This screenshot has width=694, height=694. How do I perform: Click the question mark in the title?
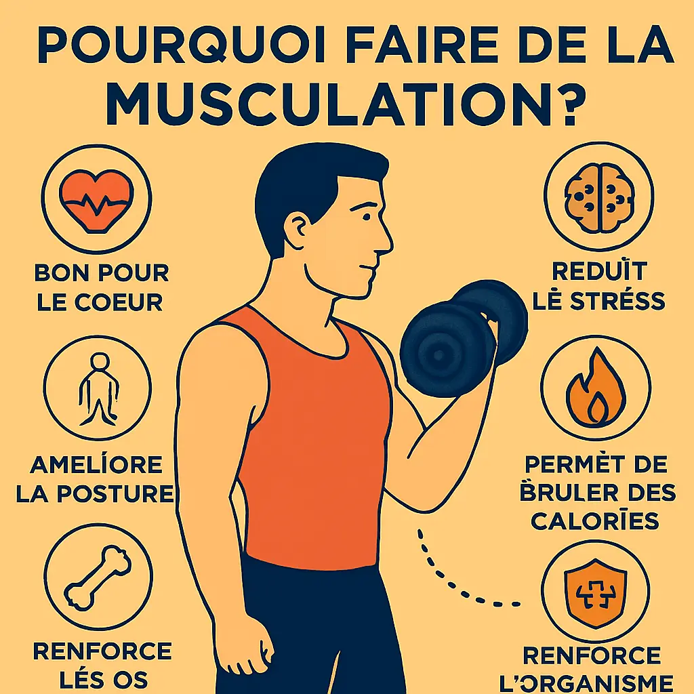point(560,103)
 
